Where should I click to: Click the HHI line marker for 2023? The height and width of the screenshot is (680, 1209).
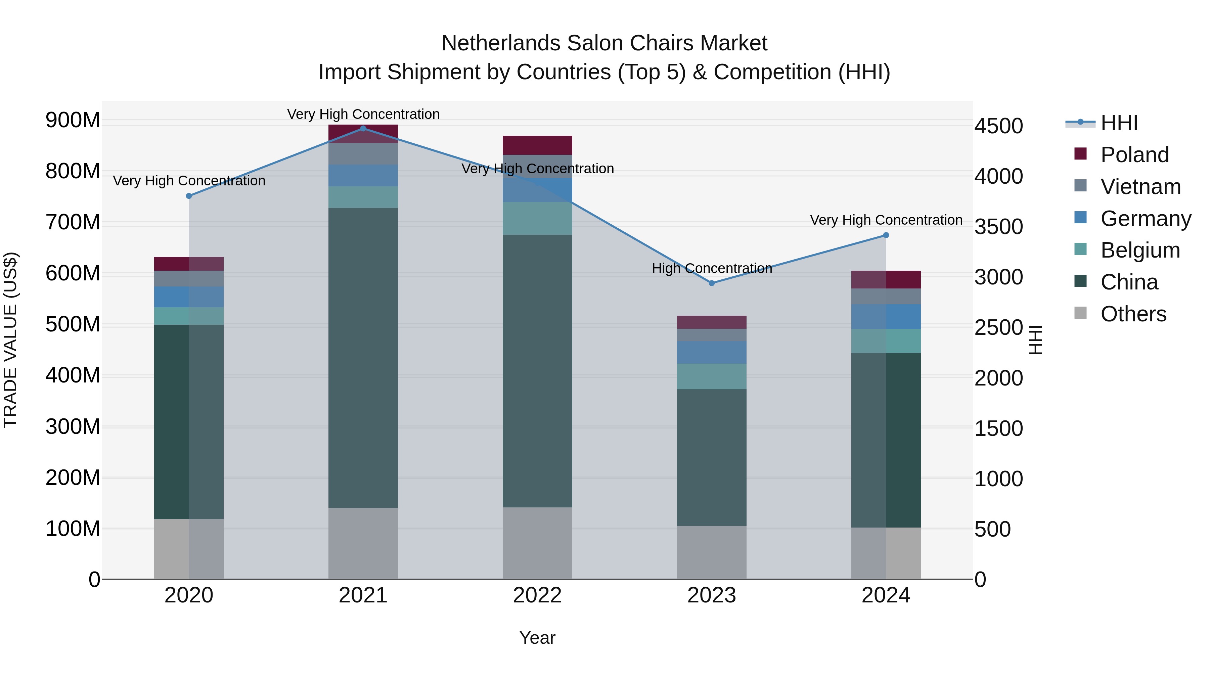(x=712, y=283)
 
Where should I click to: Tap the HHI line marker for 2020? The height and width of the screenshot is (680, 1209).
(x=189, y=196)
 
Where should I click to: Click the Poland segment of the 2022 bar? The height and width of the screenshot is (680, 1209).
(x=537, y=145)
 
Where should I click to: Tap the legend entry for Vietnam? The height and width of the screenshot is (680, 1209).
(x=1140, y=187)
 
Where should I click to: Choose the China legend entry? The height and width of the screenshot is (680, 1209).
(x=1129, y=282)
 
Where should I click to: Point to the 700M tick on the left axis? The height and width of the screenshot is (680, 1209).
(x=73, y=222)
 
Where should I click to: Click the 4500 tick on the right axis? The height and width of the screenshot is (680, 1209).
(x=998, y=126)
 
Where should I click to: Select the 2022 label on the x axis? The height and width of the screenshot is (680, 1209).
(x=537, y=595)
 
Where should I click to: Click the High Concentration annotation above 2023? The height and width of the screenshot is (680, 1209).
(x=712, y=268)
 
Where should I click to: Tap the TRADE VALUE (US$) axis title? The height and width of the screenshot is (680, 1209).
(x=10, y=340)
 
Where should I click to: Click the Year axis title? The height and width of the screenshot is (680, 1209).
(x=537, y=638)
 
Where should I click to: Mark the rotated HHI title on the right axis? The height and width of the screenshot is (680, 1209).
(x=1035, y=340)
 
